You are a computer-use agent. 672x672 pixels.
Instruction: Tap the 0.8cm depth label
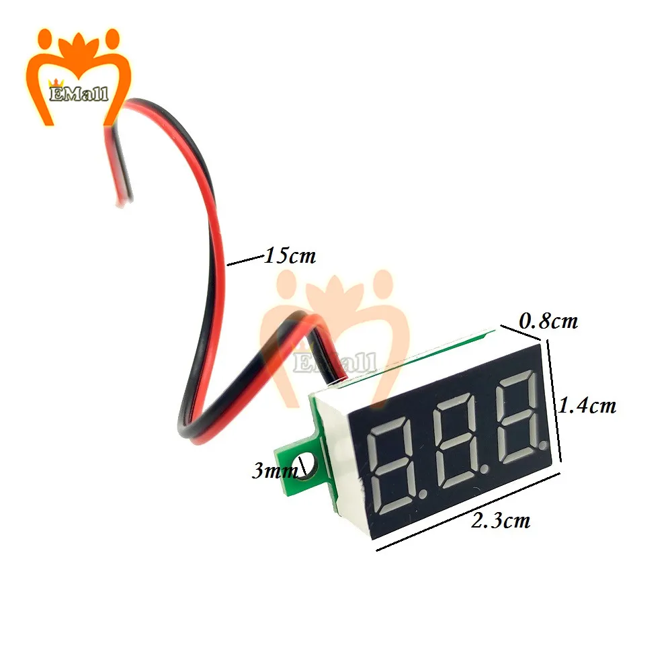click(549, 321)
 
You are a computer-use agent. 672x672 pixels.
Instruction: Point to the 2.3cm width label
click(500, 520)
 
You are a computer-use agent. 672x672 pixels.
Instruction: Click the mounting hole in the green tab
click(308, 464)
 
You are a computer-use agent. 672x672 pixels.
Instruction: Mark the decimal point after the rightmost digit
click(545, 444)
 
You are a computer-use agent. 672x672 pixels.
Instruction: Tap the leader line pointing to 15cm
click(245, 261)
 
